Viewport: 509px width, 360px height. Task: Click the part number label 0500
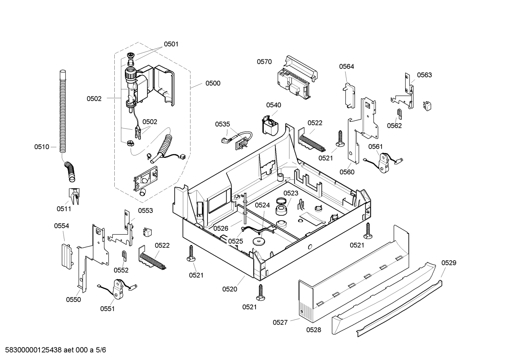(x=213, y=83)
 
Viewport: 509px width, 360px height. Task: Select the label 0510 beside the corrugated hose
(x=42, y=147)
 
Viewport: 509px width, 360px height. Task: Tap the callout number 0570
(x=264, y=61)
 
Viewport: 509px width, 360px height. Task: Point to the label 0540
(x=274, y=105)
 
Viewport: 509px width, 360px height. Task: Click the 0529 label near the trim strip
(x=449, y=263)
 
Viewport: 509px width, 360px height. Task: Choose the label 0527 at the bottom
(x=280, y=323)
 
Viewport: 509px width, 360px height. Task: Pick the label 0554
(x=61, y=226)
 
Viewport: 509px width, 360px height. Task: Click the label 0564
(x=347, y=66)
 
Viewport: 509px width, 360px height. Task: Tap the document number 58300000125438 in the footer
(x=33, y=350)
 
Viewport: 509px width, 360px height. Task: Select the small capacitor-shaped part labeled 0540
(x=270, y=125)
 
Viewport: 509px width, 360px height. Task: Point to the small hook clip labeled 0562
(x=399, y=114)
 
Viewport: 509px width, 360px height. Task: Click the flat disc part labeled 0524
(x=259, y=242)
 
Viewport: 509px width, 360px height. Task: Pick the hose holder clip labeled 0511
(x=74, y=196)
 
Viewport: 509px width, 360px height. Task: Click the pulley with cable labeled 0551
(x=117, y=289)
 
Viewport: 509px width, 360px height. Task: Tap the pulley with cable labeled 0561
(x=384, y=162)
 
